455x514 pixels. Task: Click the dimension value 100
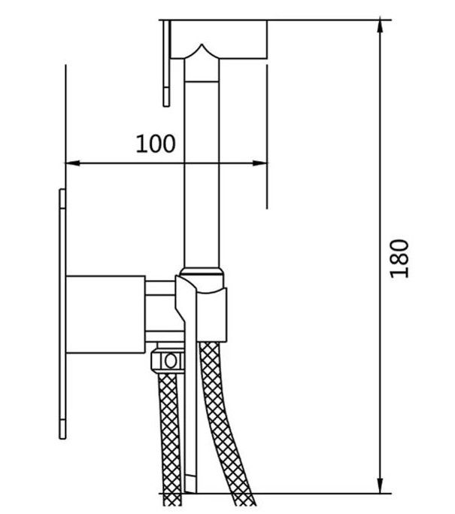(x=156, y=144)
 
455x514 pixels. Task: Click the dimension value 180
(x=399, y=259)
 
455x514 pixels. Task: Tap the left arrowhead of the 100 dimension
(x=73, y=163)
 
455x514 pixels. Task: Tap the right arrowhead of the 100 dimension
(x=260, y=163)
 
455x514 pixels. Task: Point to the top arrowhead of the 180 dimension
(x=380, y=26)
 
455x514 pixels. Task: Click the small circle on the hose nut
(x=170, y=361)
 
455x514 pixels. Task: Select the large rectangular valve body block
(x=105, y=315)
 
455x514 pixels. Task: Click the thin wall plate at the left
(x=62, y=314)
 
